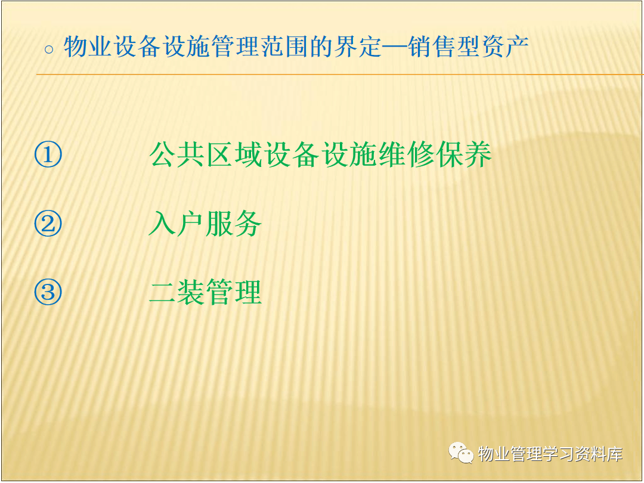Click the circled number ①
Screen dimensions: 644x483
click(x=48, y=154)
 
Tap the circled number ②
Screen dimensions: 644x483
click(x=48, y=224)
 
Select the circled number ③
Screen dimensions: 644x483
click(x=48, y=292)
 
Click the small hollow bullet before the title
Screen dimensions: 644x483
click(x=49, y=50)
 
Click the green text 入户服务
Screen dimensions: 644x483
click(x=205, y=224)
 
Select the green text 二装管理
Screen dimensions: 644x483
click(x=205, y=292)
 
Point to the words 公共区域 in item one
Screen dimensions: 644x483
click(x=206, y=154)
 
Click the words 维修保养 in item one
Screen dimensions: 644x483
click(x=435, y=154)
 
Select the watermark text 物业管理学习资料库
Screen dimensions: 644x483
click(x=551, y=454)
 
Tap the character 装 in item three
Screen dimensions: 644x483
click(x=191, y=292)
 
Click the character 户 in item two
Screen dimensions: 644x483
click(x=191, y=224)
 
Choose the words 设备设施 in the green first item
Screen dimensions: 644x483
click(x=320, y=154)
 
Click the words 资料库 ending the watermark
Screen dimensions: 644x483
click(x=599, y=454)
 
